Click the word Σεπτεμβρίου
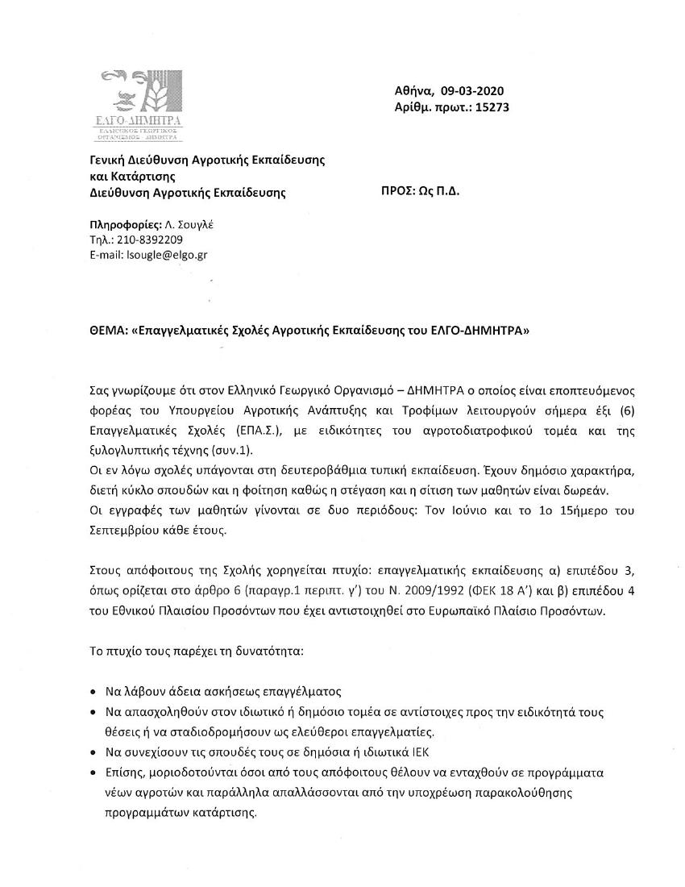coord(123,529)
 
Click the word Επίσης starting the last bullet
coord(126,772)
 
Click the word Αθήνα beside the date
coord(414,91)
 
